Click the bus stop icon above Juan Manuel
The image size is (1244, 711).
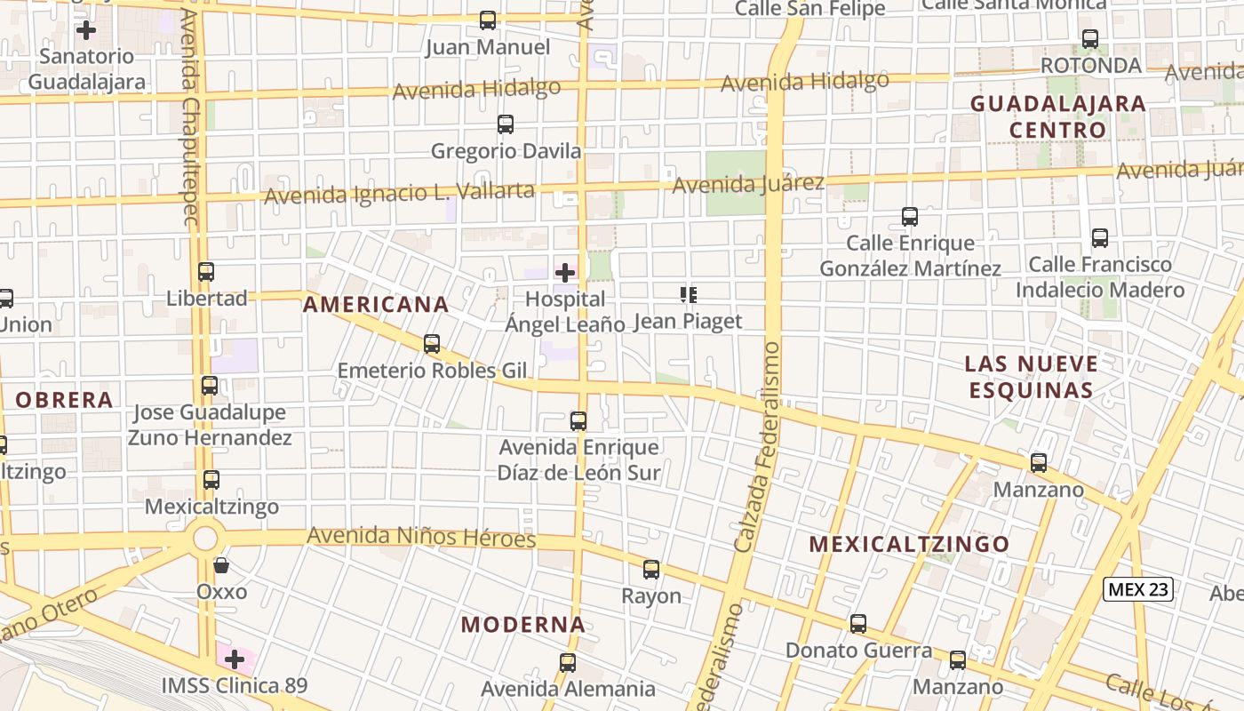tap(487, 20)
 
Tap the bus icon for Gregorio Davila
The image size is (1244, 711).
tap(506, 124)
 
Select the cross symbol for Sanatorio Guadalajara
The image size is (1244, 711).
tap(86, 30)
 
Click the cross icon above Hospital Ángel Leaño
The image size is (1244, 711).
tap(565, 272)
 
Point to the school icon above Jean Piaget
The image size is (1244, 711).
tap(688, 294)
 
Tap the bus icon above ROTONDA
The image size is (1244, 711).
tap(1090, 39)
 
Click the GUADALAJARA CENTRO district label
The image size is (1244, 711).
tap(1057, 116)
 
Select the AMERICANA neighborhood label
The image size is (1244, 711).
tap(376, 305)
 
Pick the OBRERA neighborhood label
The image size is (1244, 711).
tap(64, 400)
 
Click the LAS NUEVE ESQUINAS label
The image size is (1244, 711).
tap(1031, 377)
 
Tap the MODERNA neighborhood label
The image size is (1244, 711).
tap(523, 625)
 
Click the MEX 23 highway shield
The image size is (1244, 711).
tap(1138, 588)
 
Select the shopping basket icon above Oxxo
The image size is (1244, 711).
tap(221, 565)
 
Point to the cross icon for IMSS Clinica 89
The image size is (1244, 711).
tap(235, 659)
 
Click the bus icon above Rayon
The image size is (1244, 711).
tap(651, 570)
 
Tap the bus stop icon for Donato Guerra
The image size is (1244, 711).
tap(858, 624)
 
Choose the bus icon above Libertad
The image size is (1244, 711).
tap(206, 272)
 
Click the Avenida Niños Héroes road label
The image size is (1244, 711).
tap(421, 537)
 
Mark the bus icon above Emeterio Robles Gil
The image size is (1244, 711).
tap(432, 344)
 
